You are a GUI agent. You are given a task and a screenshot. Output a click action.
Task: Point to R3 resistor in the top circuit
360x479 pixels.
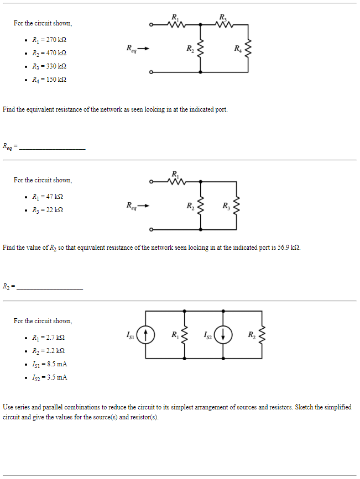223,24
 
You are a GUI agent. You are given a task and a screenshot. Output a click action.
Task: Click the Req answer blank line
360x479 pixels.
52,148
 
